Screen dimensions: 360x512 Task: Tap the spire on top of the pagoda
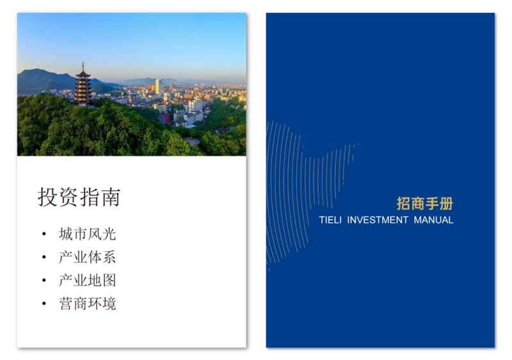click(82, 66)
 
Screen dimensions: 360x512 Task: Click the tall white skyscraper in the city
click(157, 86)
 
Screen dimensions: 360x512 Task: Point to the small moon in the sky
click(207, 33)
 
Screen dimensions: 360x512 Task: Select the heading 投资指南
click(79, 197)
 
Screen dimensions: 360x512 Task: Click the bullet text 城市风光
click(87, 234)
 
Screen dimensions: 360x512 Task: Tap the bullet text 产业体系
click(87, 258)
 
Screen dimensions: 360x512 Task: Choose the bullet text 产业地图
click(87, 281)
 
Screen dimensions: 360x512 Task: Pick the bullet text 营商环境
click(87, 304)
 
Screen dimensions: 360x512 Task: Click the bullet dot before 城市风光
click(44, 234)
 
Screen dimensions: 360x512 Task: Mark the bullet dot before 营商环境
click(44, 304)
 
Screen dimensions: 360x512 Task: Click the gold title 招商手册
click(424, 204)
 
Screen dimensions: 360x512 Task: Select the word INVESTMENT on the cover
click(378, 220)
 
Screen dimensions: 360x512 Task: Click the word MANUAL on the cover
click(433, 220)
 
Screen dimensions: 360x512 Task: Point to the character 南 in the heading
click(110, 197)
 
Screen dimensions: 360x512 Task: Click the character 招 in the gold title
click(403, 204)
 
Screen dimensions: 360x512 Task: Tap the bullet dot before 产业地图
click(44, 281)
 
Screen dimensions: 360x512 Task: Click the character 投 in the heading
click(47, 197)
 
